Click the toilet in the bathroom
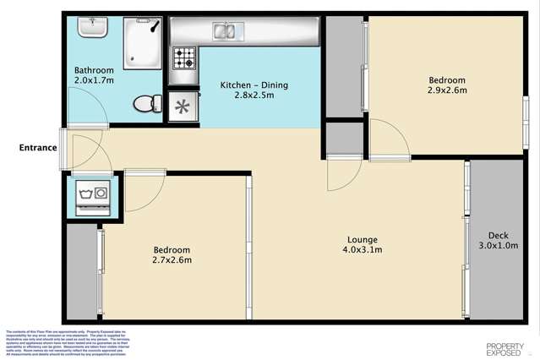click(147, 102)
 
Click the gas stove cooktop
click(184, 58)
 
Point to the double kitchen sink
click(224, 33)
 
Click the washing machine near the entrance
click(90, 195)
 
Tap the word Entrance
click(39, 148)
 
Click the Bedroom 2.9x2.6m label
click(447, 85)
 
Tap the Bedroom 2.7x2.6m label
click(172, 255)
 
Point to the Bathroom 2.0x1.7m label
click(94, 75)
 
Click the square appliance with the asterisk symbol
click(183, 106)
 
